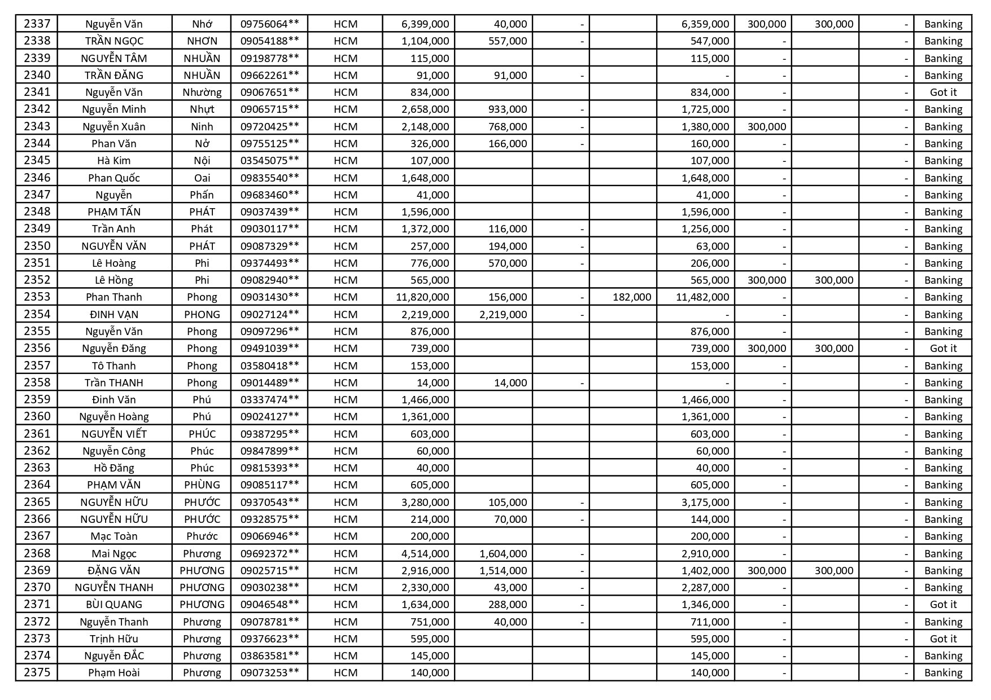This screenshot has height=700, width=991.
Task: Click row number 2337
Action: pos(37,24)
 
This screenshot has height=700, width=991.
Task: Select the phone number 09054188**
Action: pos(269,41)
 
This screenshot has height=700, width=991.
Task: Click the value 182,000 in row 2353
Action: pos(631,297)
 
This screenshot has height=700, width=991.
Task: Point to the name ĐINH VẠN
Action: pos(114,314)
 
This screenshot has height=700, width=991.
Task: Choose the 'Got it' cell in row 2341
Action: pos(943,92)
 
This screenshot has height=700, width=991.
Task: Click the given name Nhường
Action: pos(202,92)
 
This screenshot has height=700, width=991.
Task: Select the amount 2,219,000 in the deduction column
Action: pos(503,314)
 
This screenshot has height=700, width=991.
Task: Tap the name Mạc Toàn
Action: pos(114,536)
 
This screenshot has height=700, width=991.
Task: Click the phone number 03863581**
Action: pos(269,655)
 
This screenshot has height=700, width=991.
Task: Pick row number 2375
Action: pos(37,672)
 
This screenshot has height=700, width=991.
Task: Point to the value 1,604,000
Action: pos(503,553)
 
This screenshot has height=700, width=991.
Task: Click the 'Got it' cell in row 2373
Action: pos(943,639)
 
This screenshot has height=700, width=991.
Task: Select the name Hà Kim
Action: pos(114,160)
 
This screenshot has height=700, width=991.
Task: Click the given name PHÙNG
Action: pos(202,485)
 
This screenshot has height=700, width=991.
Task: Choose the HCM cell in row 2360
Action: pos(345,416)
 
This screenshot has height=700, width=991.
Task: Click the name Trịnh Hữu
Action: pos(114,639)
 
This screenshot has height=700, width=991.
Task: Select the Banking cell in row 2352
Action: pos(943,280)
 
